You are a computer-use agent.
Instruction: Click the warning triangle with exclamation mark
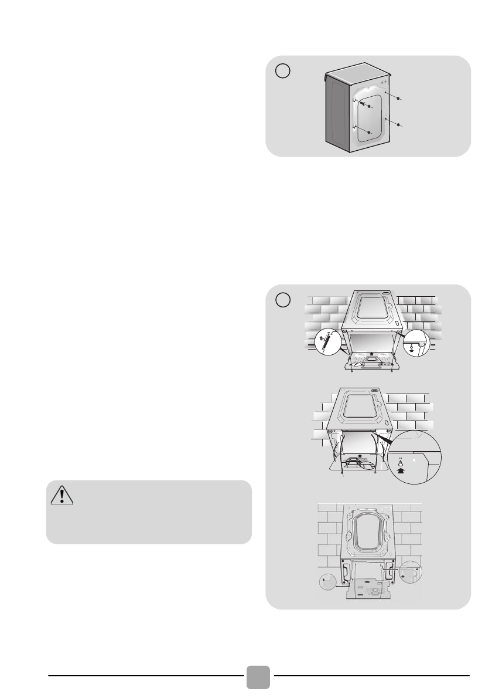click(61, 496)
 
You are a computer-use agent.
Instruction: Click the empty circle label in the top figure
click(283, 70)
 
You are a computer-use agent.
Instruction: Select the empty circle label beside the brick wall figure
click(283, 299)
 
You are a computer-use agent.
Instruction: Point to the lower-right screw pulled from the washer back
click(398, 125)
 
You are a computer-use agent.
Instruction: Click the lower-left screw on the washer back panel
click(369, 133)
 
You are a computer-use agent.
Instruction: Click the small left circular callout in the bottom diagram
click(327, 582)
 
